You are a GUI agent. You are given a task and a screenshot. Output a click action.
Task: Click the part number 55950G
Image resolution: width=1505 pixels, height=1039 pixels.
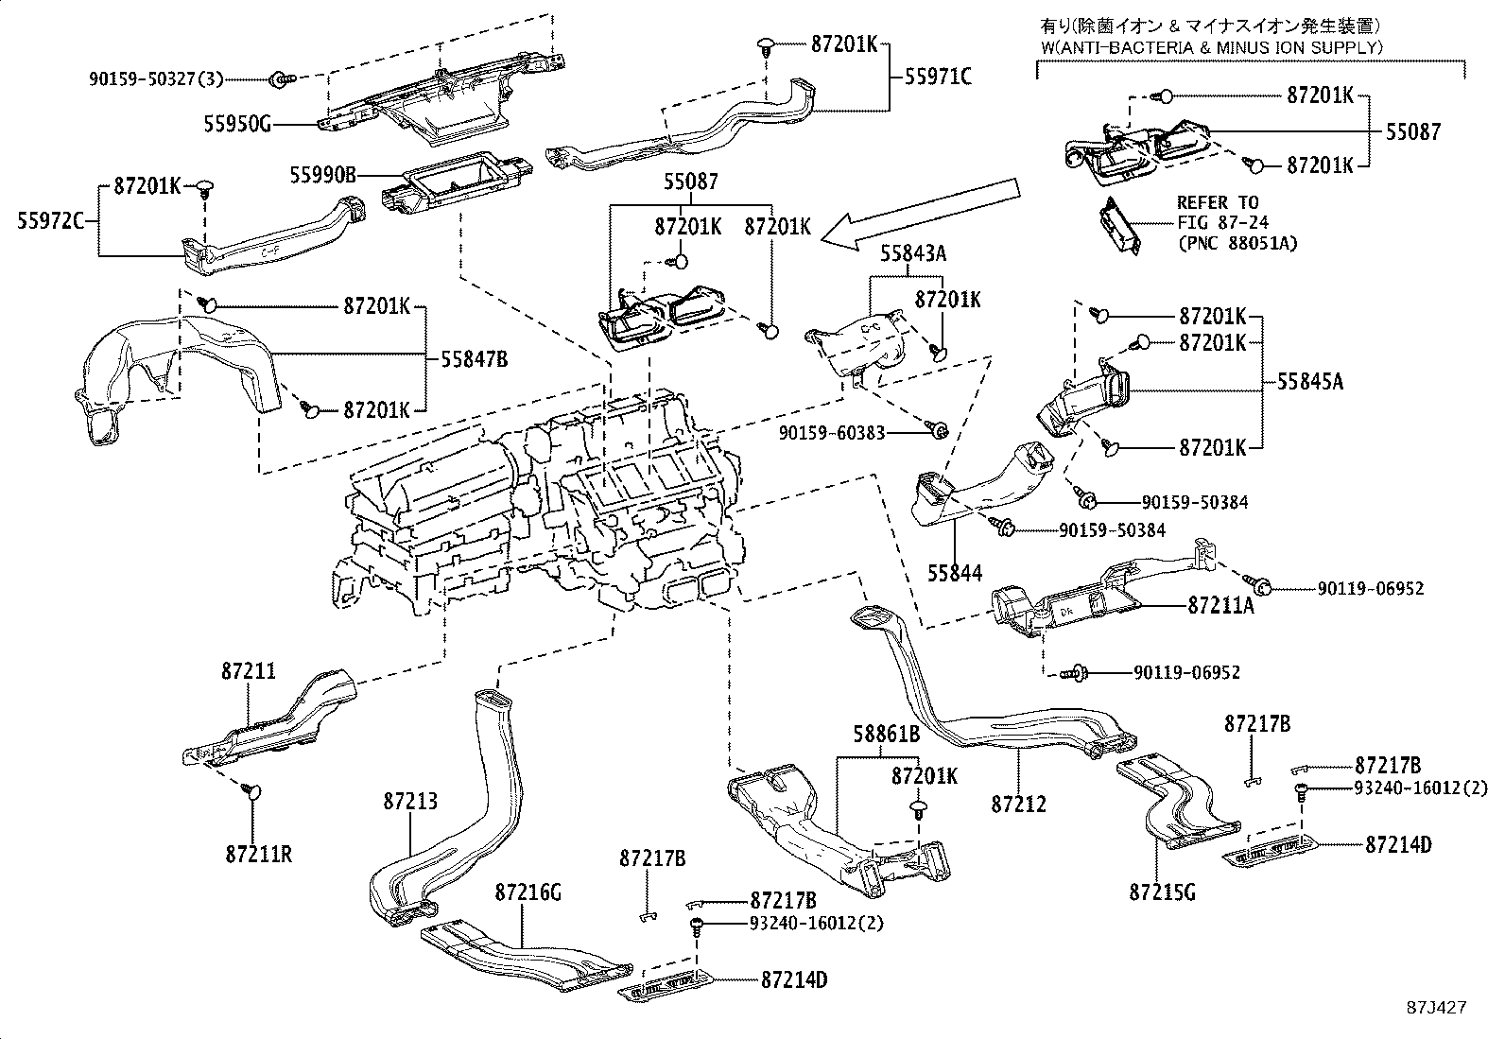point(238,123)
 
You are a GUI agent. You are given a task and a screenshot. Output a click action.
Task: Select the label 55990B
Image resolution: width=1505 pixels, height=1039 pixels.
point(323,175)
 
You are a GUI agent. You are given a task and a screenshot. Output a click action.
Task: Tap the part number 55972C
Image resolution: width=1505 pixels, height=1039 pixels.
point(51,221)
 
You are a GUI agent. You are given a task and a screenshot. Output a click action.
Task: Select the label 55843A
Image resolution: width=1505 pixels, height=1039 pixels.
point(914,253)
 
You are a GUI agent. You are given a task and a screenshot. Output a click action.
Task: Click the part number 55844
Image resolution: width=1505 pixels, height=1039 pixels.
point(954,573)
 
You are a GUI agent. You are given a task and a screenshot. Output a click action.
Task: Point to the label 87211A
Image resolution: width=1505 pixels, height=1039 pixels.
point(1220,606)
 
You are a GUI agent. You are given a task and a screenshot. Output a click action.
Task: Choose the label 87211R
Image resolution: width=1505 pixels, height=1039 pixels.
point(259,855)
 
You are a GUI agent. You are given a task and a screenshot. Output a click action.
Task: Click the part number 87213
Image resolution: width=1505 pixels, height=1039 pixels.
point(410,801)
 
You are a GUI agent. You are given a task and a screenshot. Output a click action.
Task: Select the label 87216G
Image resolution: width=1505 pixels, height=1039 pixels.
point(528,892)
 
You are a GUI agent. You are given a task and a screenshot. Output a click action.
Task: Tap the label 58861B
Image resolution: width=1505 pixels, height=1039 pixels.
point(888,734)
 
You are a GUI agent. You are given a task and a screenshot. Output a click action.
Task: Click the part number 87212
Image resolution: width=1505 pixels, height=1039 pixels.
point(1019,804)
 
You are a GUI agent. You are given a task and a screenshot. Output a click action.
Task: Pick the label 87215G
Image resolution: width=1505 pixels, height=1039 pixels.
point(1162,892)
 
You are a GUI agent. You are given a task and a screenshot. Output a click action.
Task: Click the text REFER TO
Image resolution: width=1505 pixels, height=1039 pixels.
point(1218,202)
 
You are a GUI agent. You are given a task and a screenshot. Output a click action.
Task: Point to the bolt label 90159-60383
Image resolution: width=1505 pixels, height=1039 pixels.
point(833,432)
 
